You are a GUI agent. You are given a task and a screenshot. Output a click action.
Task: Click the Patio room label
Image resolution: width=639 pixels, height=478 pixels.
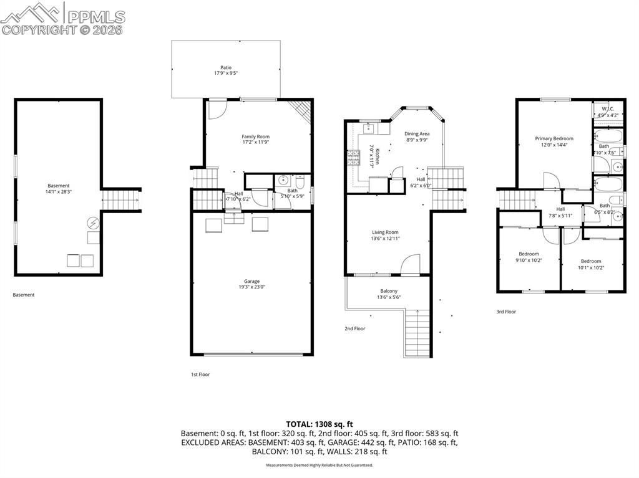(225, 67)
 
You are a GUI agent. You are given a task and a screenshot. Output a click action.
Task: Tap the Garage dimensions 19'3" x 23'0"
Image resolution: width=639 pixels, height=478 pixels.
(251, 287)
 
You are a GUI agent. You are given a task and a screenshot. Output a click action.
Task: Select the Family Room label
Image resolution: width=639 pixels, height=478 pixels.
(255, 136)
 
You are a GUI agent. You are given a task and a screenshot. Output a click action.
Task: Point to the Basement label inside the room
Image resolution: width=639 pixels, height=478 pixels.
(59, 186)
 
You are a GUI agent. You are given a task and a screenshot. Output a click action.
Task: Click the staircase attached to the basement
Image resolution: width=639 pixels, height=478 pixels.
(121, 201)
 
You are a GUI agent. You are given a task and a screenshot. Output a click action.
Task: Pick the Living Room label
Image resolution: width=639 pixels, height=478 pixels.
(385, 232)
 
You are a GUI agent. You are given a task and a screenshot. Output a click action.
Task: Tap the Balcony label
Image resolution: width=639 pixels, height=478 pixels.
(389, 291)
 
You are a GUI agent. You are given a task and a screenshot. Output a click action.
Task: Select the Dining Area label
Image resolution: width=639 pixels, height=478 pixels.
(417, 133)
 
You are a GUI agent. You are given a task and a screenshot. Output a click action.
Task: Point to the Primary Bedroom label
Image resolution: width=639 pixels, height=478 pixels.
(554, 138)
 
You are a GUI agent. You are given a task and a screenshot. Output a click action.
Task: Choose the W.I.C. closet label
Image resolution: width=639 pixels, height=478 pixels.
(606, 108)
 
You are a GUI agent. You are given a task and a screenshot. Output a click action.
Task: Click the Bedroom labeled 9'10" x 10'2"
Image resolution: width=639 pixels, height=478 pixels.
(529, 254)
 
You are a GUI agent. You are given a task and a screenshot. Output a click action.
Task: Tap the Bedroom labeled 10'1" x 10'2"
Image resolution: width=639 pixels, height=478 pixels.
(591, 261)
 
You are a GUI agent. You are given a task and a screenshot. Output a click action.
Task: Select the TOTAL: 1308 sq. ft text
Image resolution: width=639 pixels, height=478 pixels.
(319, 423)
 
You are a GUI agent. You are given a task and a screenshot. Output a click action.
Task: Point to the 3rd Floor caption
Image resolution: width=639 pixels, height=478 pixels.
(506, 312)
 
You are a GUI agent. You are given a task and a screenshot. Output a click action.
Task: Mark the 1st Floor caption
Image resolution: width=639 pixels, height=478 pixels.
(200, 375)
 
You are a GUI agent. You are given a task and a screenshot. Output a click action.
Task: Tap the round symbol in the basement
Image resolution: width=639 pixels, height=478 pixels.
(92, 222)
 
